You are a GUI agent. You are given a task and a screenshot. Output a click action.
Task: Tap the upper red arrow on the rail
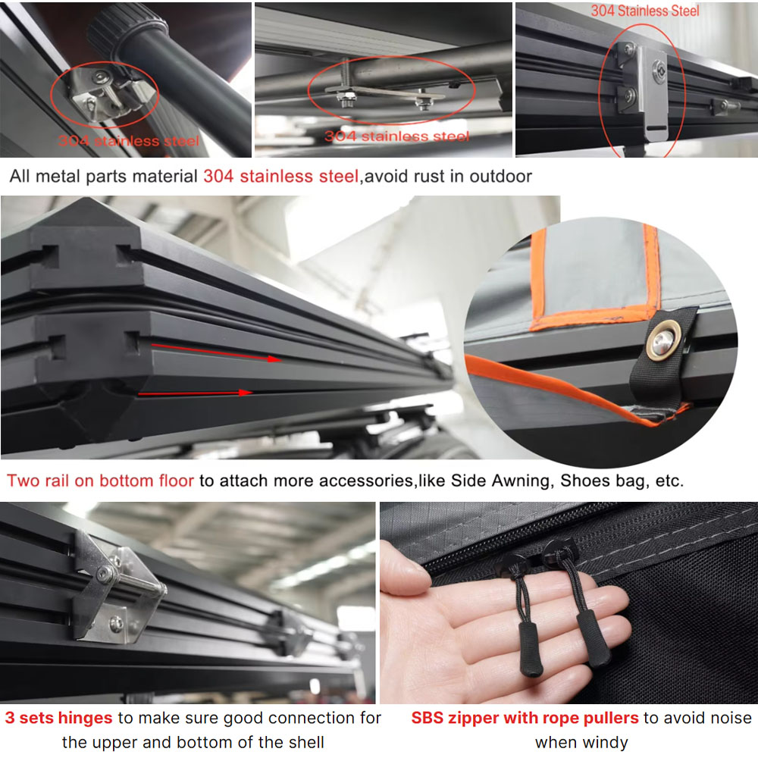(217, 352)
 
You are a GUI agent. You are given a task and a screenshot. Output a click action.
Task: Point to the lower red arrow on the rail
(196, 393)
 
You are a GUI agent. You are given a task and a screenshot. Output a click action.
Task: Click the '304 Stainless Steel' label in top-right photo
(645, 11)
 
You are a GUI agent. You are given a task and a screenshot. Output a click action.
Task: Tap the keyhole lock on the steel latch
(659, 69)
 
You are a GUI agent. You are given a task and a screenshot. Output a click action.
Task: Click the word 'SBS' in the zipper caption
(427, 718)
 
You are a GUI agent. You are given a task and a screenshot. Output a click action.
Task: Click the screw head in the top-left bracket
(100, 77)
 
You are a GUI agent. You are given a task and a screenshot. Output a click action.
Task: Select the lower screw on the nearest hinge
(116, 624)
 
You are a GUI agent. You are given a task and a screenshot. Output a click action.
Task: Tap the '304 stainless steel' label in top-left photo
(129, 141)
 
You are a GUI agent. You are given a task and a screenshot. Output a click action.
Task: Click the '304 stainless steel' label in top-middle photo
(397, 136)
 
